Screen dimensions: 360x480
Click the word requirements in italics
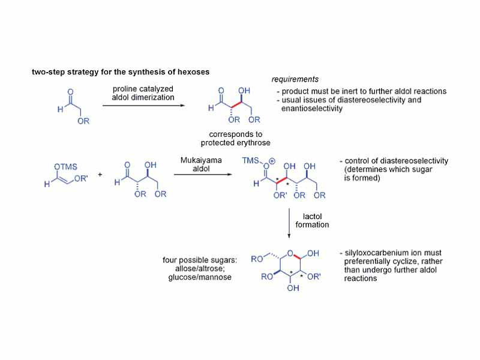295,79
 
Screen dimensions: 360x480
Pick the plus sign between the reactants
100,175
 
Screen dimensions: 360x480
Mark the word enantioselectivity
312,109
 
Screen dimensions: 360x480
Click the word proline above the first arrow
128,90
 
